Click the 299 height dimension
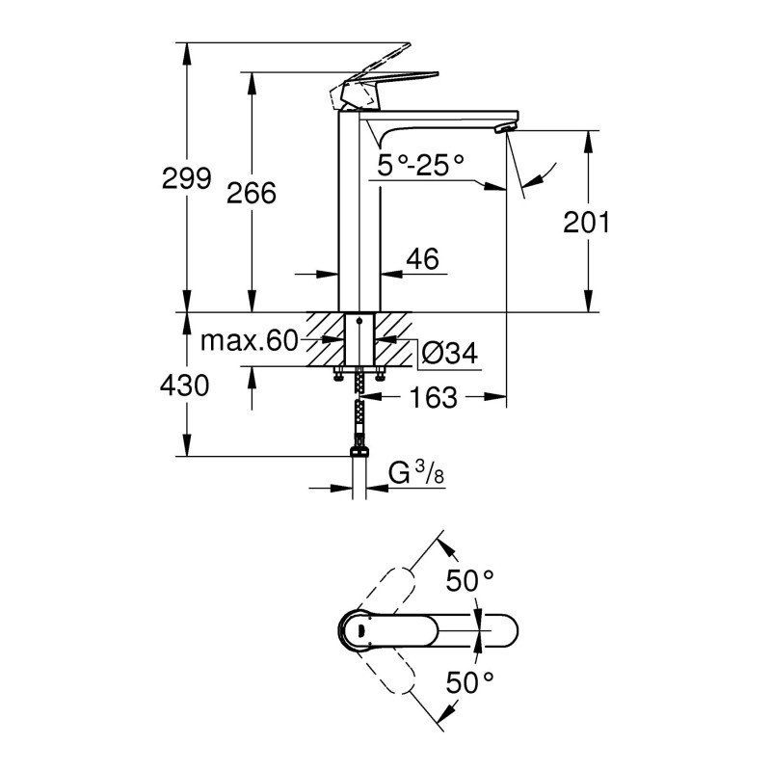pyautogui.click(x=187, y=178)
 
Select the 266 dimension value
pyautogui.click(x=251, y=193)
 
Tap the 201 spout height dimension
pyautogui.click(x=587, y=223)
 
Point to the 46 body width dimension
pyautogui.click(x=422, y=258)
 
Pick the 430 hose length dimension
pyautogui.click(x=187, y=386)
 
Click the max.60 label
pyautogui.click(x=249, y=341)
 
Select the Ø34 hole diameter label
pyautogui.click(x=449, y=354)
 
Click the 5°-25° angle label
pyautogui.click(x=420, y=165)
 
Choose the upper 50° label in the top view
pyautogui.click(x=469, y=581)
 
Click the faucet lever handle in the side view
pyautogui.click(x=385, y=79)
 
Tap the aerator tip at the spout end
pyautogui.click(x=503, y=126)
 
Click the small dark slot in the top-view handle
pyautogui.click(x=359, y=631)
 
